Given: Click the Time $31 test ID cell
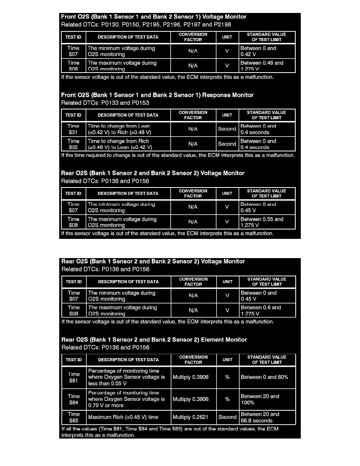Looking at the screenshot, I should coord(73,129).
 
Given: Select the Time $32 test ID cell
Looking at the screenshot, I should coord(73,144).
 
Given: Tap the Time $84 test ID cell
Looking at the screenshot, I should coord(74,399).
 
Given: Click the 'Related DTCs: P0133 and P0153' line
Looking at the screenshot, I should coord(105,103).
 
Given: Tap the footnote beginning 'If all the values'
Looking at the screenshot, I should coord(170,432).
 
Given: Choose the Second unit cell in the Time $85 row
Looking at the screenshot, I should coord(227,417).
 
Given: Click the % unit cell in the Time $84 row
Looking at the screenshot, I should coord(227,399).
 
